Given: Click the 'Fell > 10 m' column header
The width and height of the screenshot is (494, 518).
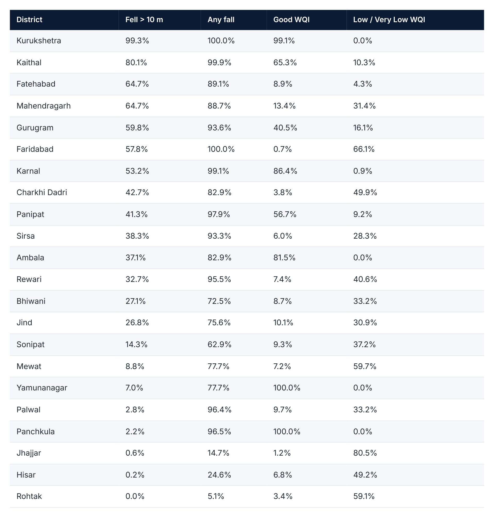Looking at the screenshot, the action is (144, 20).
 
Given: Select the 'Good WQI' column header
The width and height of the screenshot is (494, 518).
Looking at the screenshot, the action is (291, 20).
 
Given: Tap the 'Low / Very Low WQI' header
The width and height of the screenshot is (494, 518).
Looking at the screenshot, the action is (389, 20).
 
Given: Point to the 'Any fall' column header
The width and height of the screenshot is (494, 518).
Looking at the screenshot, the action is (221, 20).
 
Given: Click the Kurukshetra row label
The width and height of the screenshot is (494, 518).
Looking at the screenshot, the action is (39, 41).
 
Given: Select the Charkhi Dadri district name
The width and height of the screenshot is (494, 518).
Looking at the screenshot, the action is (41, 193).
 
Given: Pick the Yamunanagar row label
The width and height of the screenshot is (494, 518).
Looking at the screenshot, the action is (42, 388).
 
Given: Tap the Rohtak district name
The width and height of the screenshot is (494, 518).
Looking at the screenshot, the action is (29, 496).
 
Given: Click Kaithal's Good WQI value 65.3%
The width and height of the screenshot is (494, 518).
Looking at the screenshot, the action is (285, 63).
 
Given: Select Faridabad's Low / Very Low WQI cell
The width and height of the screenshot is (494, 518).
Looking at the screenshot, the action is (364, 149).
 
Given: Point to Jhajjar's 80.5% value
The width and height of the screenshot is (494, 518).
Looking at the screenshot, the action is (365, 453).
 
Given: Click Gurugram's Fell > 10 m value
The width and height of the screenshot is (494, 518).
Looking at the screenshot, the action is (137, 128).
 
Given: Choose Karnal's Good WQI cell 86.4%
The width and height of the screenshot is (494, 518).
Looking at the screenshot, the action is (285, 171).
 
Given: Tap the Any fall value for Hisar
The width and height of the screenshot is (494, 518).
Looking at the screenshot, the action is (219, 475).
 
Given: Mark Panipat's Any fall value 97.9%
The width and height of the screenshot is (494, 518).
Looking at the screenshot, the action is (219, 214).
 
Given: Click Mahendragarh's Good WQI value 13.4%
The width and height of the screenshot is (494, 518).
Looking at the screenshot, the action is (284, 106).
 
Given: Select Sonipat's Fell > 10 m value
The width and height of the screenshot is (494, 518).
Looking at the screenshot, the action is (136, 345).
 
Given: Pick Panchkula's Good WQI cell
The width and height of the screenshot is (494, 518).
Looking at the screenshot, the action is (287, 431).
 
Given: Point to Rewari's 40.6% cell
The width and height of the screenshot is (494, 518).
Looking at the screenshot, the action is (365, 279).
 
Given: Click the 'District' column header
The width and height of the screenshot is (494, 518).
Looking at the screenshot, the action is (29, 20).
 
